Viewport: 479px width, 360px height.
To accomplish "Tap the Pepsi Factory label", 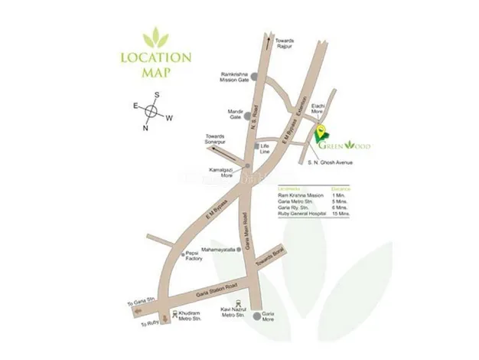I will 191,258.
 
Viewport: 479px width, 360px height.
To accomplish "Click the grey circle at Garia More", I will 256,316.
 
